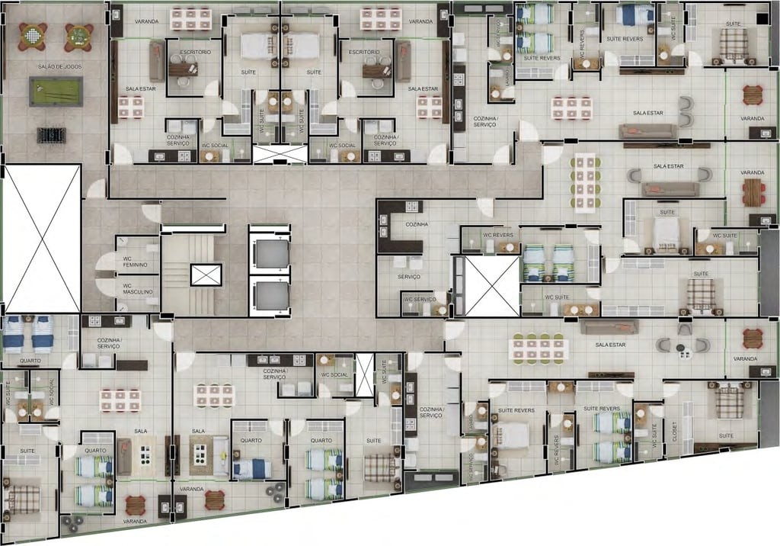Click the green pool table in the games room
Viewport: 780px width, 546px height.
click(x=55, y=92)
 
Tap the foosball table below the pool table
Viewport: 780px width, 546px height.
click(x=52, y=135)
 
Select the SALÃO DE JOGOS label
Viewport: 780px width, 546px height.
click(x=55, y=67)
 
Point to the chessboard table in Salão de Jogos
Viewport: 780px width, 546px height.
click(x=32, y=35)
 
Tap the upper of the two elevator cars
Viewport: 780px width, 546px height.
click(x=269, y=252)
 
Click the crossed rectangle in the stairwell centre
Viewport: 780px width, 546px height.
click(x=206, y=275)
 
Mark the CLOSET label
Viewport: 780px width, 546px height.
click(x=673, y=432)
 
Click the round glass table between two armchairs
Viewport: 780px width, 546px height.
click(x=681, y=348)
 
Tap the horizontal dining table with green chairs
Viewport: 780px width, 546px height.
click(x=539, y=348)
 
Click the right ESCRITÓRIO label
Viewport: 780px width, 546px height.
click(x=364, y=53)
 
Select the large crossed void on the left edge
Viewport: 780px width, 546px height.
click(x=43, y=238)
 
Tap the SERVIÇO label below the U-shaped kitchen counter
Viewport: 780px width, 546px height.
click(x=408, y=276)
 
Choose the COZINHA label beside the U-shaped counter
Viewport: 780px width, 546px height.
click(x=416, y=224)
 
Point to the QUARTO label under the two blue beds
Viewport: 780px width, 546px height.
click(x=30, y=361)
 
